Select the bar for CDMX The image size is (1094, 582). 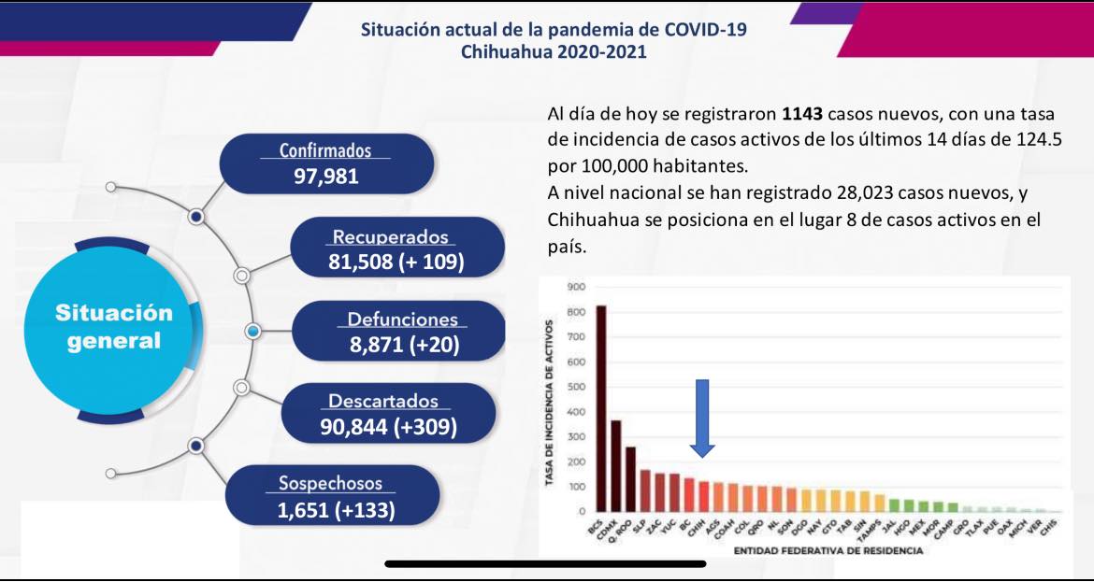(616, 466)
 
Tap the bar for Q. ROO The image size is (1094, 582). (631, 479)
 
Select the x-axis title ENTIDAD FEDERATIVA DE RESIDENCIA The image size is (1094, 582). (828, 551)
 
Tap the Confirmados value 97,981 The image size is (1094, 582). (326, 176)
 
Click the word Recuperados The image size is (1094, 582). (391, 237)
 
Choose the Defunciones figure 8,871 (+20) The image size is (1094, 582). (404, 346)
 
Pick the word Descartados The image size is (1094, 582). (383, 401)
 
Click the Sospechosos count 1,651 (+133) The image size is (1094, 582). (336, 510)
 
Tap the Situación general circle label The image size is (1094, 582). (114, 326)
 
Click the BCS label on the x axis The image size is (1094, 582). (596, 530)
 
